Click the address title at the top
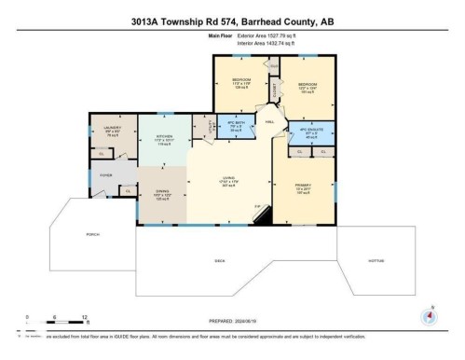click(x=232, y=16)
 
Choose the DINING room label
click(x=160, y=196)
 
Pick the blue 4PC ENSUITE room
click(x=308, y=131)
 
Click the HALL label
click(x=270, y=121)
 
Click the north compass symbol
click(x=428, y=314)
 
